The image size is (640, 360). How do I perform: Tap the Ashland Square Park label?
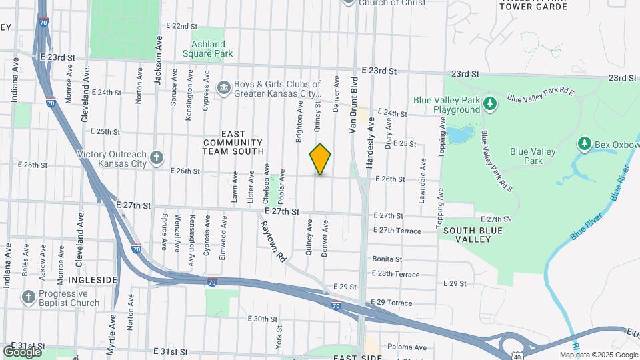207,48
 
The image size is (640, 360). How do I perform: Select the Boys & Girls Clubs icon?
223,87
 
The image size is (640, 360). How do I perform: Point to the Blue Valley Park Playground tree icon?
490,103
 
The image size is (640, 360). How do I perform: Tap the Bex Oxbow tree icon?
585,143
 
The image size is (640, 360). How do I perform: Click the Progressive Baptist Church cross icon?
29,297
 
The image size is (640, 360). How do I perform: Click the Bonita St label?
387,259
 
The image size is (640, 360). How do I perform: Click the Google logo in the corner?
22,352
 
